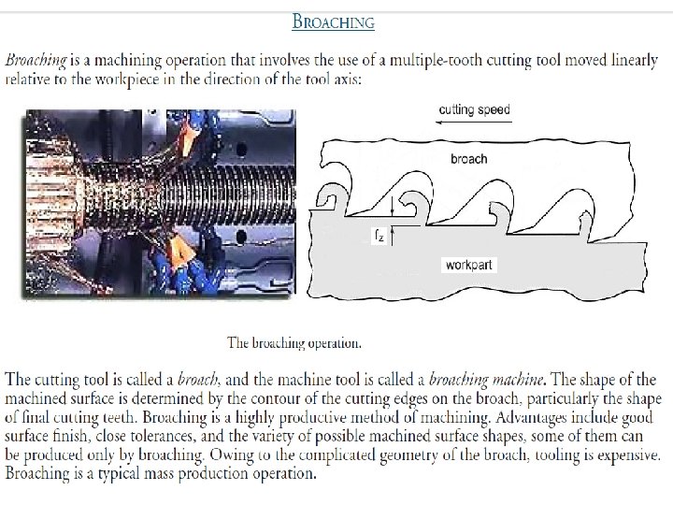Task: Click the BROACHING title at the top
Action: point(334,22)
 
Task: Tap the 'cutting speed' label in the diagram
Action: point(475,110)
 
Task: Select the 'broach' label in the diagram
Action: point(468,159)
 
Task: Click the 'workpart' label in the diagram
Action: point(468,265)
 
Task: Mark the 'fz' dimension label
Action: point(378,238)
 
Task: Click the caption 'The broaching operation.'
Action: point(294,342)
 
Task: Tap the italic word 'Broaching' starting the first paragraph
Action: point(36,60)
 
